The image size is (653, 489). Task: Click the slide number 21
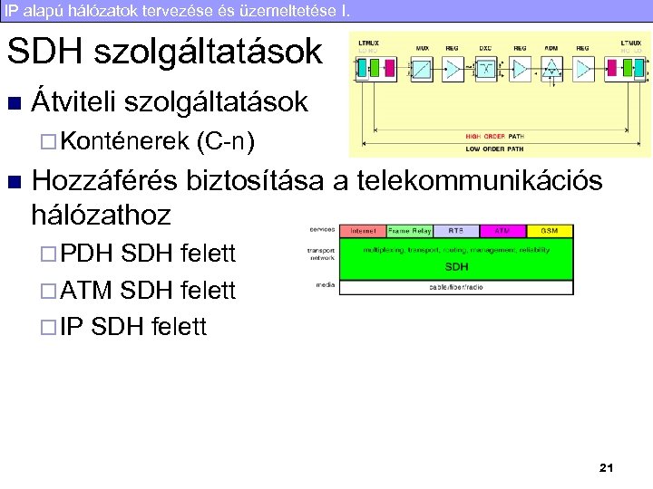coord(607,467)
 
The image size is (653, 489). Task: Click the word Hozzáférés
coord(103,180)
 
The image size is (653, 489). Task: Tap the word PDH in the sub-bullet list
coord(84,254)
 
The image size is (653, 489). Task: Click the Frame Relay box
coord(410,231)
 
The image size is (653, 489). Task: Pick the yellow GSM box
coord(549,231)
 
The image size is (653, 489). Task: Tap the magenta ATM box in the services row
coord(502,231)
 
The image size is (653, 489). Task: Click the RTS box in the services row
coord(456,231)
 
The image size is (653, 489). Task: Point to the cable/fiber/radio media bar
coord(455,287)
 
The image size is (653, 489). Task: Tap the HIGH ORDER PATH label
coord(495,136)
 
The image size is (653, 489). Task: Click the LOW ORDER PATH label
coord(495,147)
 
